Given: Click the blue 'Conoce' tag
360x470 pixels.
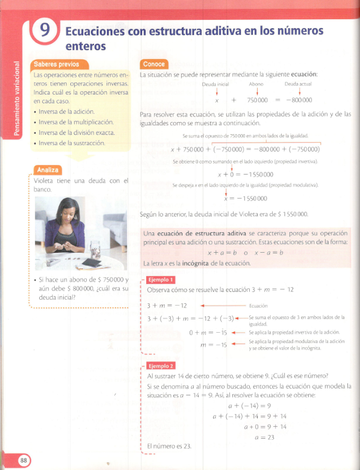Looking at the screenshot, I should (155, 64).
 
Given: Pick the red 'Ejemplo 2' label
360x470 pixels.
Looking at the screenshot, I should (161, 365).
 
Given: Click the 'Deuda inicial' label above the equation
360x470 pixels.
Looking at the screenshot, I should (216, 85).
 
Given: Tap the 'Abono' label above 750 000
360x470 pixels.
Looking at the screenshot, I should (256, 85).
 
